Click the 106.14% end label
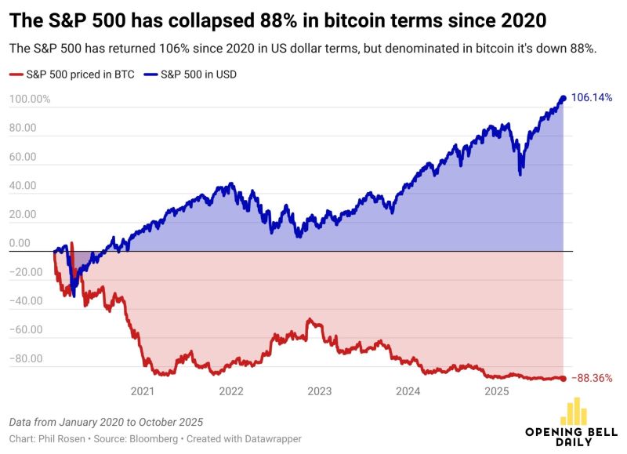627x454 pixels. [592, 98]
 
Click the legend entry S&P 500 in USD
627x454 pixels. [199, 75]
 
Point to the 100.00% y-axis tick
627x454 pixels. [30, 100]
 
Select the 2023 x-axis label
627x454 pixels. [319, 390]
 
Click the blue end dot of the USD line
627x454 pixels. [563, 98]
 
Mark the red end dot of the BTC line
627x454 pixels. [563, 378]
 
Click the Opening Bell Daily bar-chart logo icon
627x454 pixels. [577, 411]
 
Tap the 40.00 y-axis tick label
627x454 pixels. [24, 186]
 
